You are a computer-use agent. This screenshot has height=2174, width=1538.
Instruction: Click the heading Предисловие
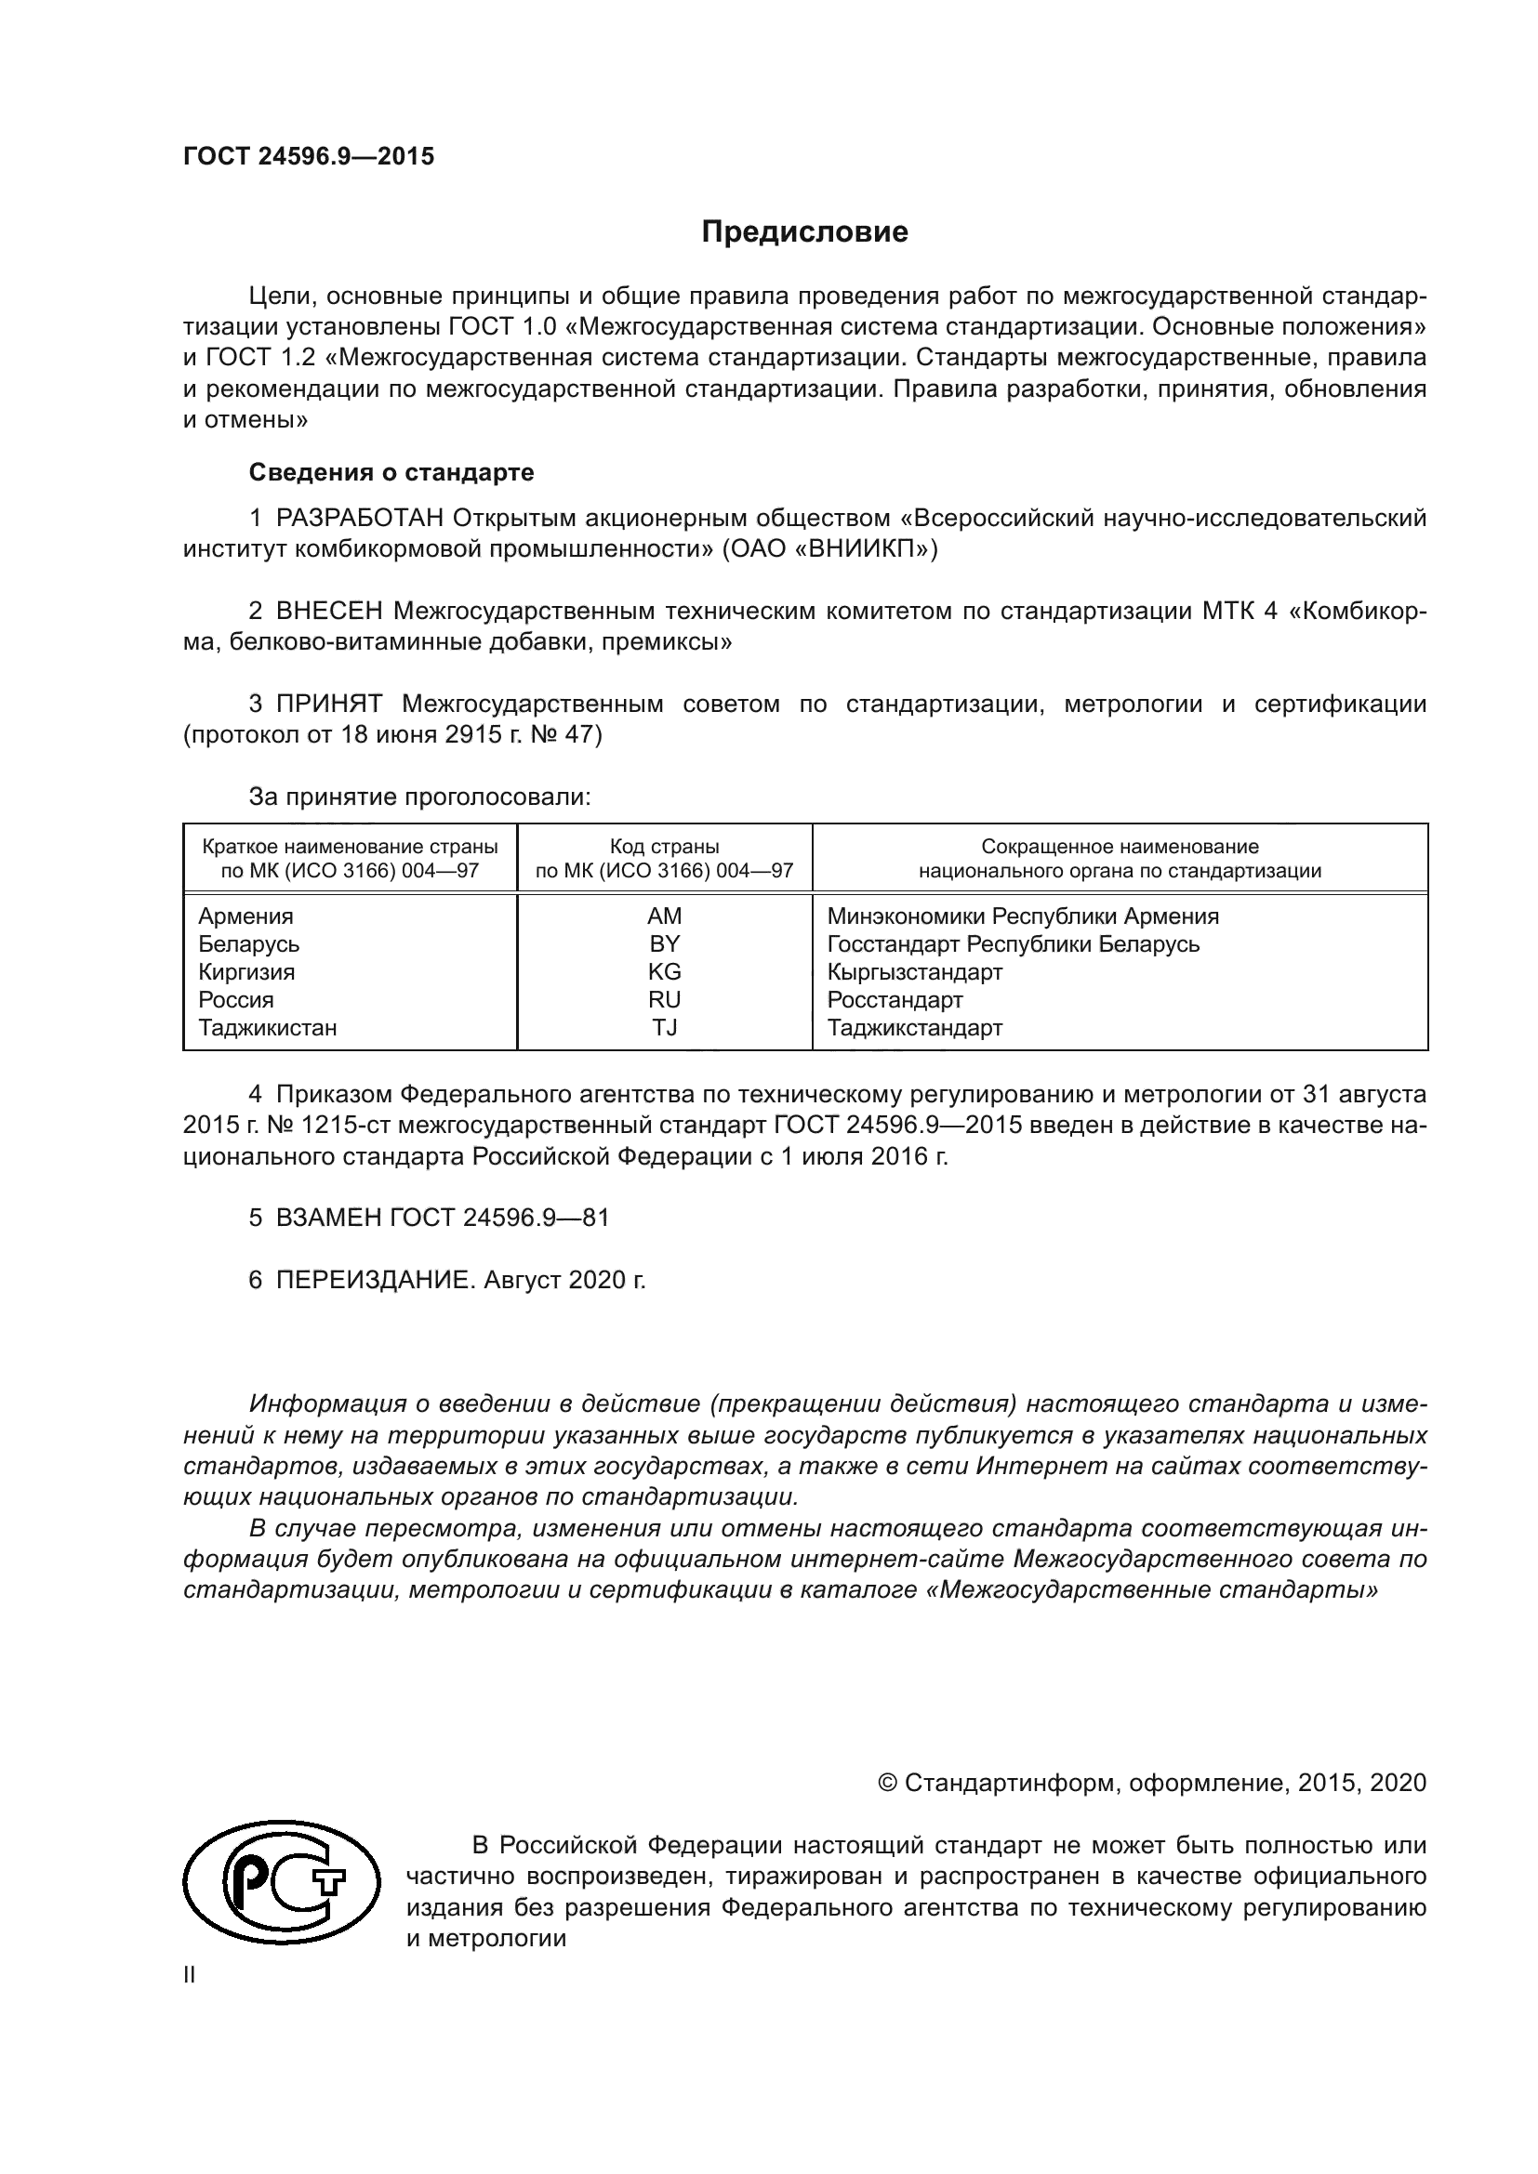point(804,232)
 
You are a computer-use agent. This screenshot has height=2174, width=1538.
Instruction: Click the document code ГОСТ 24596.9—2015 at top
point(309,156)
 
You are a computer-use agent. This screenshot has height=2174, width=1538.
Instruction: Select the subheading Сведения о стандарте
point(391,471)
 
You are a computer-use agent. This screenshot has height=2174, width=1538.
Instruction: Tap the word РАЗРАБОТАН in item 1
point(360,518)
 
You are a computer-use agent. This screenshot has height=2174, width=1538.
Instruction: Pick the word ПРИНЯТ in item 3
point(328,704)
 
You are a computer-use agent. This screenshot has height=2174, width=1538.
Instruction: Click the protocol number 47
point(578,735)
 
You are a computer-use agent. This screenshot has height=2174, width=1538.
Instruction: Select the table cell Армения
point(245,916)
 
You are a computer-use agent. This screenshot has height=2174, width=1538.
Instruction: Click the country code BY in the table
point(664,944)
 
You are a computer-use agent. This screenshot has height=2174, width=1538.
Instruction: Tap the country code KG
point(664,971)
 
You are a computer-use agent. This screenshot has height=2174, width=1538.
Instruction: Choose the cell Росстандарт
point(894,1000)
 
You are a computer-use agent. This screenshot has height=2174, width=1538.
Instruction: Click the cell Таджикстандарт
point(914,1027)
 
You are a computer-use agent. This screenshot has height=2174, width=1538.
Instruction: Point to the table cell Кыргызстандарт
point(914,971)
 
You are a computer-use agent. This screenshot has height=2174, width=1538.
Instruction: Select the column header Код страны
point(664,847)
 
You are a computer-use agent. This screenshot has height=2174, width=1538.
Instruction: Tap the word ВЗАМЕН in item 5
point(328,1218)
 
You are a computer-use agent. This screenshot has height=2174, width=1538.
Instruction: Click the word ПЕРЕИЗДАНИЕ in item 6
point(373,1280)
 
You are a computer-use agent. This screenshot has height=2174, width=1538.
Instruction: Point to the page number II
point(190,1975)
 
